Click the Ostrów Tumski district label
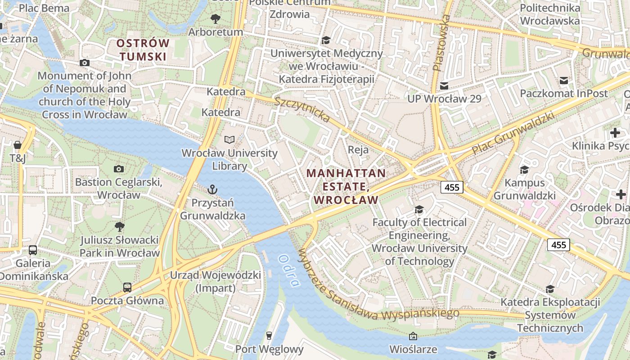click(143, 50)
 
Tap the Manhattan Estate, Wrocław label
click(346, 186)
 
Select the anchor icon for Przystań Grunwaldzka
click(212, 189)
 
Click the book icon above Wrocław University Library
click(229, 139)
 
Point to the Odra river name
click(288, 270)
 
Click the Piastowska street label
click(441, 43)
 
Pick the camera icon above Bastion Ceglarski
click(119, 169)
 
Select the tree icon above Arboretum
click(216, 19)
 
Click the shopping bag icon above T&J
click(18, 145)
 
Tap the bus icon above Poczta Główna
click(127, 287)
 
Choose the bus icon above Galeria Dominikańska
click(33, 250)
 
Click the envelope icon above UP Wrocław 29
click(444, 85)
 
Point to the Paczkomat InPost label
click(564, 94)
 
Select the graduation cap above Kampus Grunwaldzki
click(524, 170)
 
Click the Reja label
click(358, 149)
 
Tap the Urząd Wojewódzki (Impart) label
click(216, 281)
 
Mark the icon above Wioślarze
click(413, 336)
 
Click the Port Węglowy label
click(269, 349)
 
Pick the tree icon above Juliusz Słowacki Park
click(120, 226)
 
